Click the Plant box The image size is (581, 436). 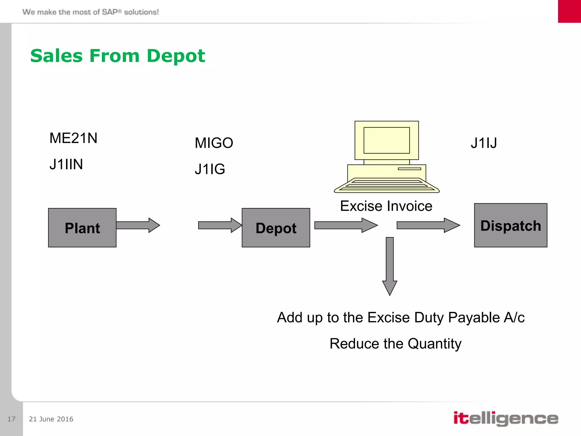82,228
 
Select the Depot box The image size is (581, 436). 276,228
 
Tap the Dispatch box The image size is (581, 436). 511,225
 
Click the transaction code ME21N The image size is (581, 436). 73,138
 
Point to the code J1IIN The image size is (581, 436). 66,164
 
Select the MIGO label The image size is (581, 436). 214,143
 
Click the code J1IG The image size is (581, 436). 210,169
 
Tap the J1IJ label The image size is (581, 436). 484,143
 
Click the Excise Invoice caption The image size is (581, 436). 386,206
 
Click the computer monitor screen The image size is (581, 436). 387,140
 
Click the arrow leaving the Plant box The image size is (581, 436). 138,225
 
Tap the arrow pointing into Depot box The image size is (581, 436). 220,225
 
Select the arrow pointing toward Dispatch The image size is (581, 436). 428,225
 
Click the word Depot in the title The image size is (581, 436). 176,56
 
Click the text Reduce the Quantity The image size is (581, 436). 395,343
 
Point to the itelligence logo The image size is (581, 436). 506,419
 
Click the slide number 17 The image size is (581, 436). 11,419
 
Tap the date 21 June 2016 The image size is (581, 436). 51,419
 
